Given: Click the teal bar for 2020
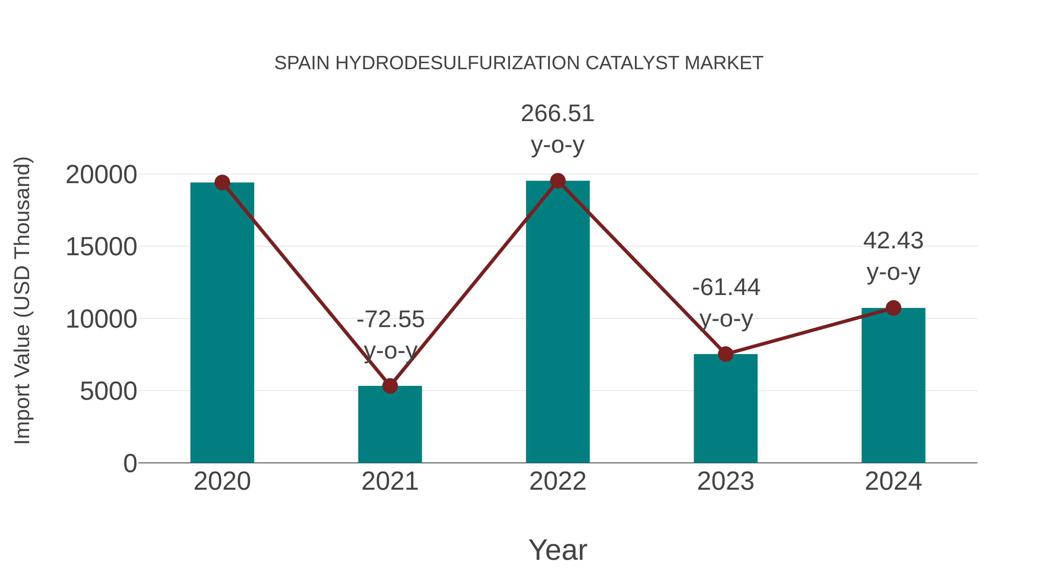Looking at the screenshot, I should pyautogui.click(x=222, y=322).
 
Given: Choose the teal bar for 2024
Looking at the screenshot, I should pyautogui.click(x=893, y=385).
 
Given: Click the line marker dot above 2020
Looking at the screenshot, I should pyautogui.click(x=222, y=183).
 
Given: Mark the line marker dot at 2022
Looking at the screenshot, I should pyautogui.click(x=558, y=181).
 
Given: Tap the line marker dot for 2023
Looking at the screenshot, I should pyautogui.click(x=725, y=354).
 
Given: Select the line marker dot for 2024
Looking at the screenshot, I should pyautogui.click(x=893, y=308).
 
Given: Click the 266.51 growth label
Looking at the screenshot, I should pyautogui.click(x=557, y=114).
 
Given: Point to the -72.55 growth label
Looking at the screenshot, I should pyautogui.click(x=390, y=320).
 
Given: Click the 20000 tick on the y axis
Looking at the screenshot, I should pyautogui.click(x=101, y=175).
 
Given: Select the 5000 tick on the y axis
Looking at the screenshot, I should pyautogui.click(x=108, y=391).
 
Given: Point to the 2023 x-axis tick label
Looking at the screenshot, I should pyautogui.click(x=725, y=481).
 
